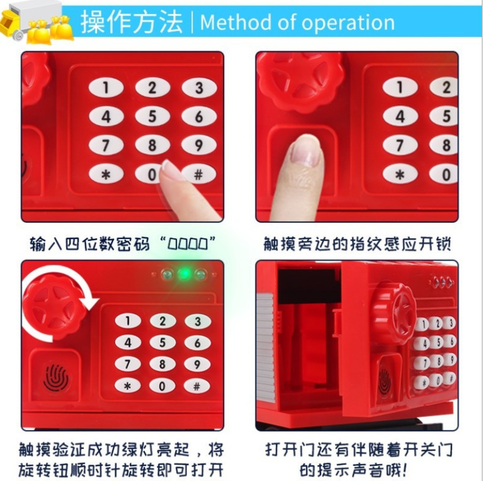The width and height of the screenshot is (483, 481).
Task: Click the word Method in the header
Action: tap(236, 22)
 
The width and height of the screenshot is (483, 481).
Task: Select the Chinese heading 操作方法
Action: tap(132, 22)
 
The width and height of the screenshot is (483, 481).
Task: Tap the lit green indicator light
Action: tap(185, 273)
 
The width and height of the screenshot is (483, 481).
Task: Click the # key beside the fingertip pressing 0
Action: tap(199, 174)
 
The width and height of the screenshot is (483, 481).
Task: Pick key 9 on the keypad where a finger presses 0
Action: tap(199, 145)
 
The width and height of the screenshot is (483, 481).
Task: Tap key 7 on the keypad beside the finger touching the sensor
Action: tap(400, 145)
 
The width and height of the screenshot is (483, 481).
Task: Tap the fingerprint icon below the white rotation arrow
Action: tap(56, 378)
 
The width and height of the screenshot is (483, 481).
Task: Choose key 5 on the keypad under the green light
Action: tap(162, 342)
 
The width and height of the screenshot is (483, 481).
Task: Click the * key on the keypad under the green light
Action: tap(127, 386)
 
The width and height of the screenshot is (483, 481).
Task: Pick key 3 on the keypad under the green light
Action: tap(197, 321)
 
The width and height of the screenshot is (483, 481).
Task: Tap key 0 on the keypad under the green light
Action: tap(162, 386)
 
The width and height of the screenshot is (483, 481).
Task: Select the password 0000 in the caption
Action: tap(188, 245)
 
